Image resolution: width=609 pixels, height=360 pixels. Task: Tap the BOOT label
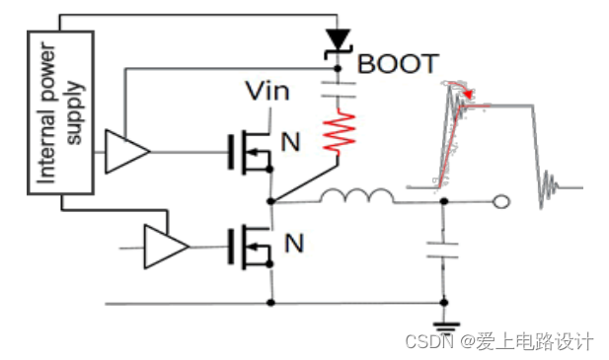coord(397,64)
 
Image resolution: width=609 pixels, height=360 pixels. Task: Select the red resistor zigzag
coord(338,133)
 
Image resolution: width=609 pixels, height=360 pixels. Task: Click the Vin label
coord(267,93)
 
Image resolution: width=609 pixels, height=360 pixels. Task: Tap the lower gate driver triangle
coord(165,246)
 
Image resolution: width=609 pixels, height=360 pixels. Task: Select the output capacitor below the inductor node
coord(442,252)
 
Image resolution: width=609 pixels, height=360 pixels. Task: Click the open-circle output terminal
coord(501,203)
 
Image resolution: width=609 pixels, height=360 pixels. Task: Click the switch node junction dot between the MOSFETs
coord(270,202)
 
